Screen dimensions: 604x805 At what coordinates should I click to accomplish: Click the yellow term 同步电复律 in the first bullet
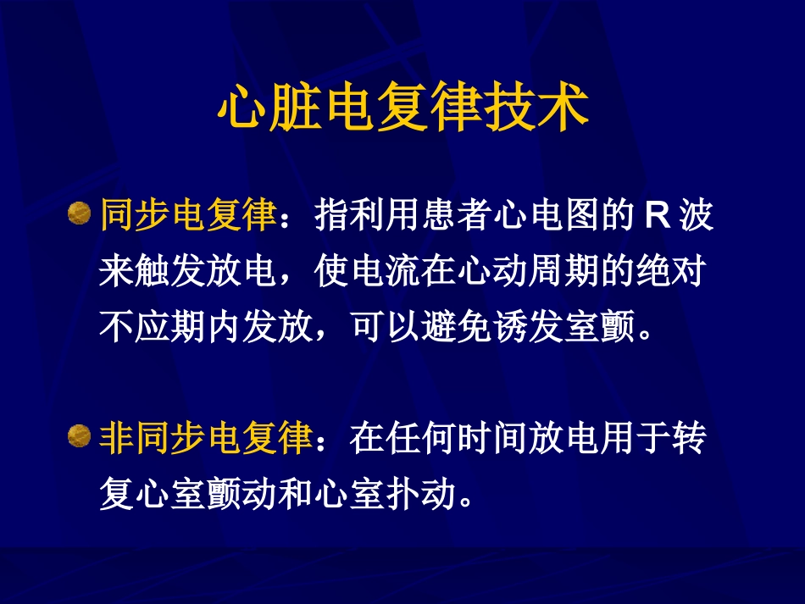point(188,217)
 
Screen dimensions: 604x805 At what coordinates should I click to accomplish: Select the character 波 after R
point(696,217)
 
